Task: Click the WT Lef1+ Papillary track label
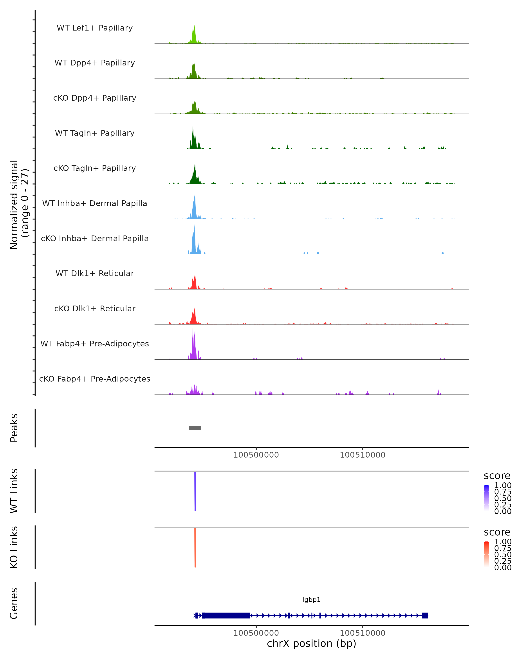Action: (x=95, y=28)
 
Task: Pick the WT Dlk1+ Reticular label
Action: (x=95, y=273)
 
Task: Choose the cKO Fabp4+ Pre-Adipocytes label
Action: (x=95, y=379)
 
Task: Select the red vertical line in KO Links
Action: (x=195, y=547)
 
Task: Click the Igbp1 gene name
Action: (x=311, y=600)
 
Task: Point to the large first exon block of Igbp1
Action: (x=226, y=615)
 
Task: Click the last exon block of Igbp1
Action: (x=425, y=615)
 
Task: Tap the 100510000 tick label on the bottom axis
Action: (x=363, y=633)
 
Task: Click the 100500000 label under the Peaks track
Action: (x=256, y=455)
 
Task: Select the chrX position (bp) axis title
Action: (x=311, y=643)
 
